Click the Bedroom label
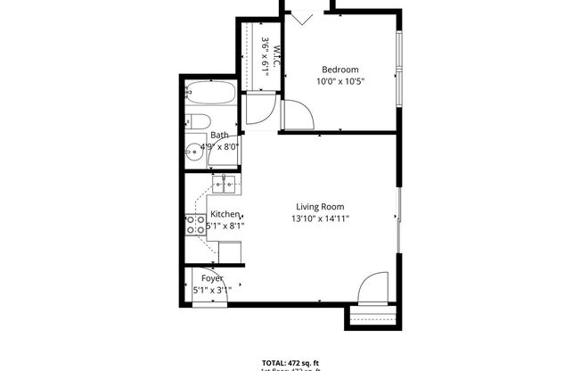coord(340,70)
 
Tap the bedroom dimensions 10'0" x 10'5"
coord(340,81)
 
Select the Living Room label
coord(320,207)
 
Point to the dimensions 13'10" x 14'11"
coord(320,218)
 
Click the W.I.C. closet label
coord(277,57)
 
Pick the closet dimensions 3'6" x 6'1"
coord(266,54)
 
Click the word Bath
coord(219,136)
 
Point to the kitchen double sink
coord(224,185)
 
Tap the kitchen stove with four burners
coord(195,225)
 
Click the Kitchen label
coord(225,214)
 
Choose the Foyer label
coord(212,279)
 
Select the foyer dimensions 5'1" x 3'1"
coord(212,291)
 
